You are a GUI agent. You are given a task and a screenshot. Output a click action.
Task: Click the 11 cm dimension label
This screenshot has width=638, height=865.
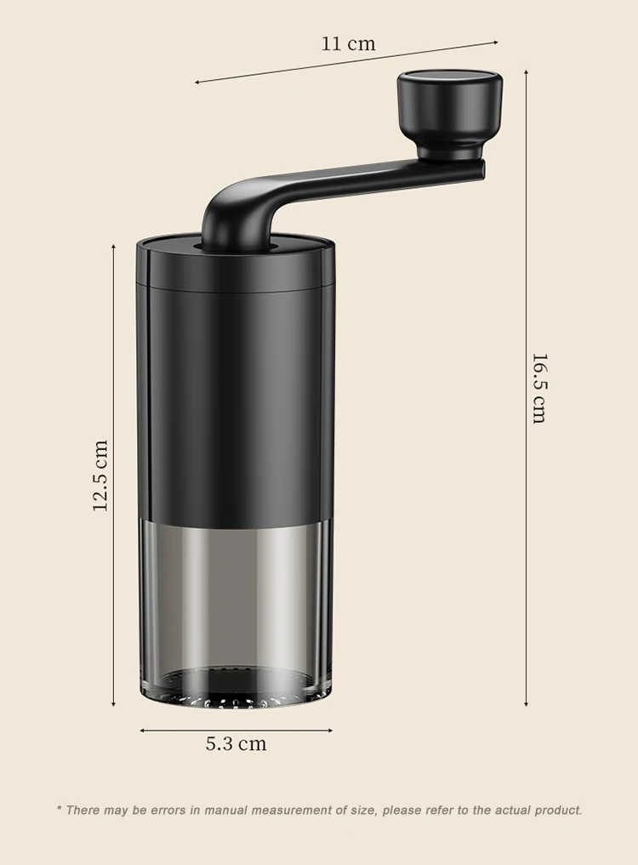(348, 43)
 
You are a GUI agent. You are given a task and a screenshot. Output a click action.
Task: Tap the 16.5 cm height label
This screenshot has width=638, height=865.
(538, 388)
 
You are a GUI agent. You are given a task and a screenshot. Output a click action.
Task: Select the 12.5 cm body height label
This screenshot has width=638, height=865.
(100, 475)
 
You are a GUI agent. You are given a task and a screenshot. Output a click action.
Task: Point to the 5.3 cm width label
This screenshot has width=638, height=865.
(236, 744)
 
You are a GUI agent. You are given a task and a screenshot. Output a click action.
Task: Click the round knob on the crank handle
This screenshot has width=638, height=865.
(450, 108)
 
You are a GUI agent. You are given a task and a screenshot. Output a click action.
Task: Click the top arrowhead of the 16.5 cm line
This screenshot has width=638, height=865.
(526, 65)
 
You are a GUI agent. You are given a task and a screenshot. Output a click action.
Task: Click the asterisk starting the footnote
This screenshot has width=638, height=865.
(60, 810)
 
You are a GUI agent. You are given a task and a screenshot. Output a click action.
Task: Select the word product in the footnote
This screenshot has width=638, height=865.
(557, 811)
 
